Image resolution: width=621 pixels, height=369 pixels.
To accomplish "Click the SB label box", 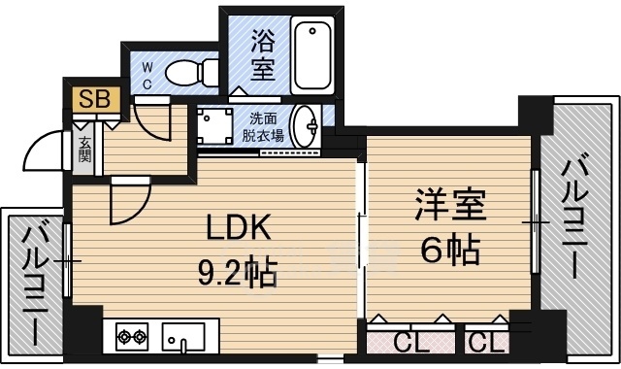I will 94,99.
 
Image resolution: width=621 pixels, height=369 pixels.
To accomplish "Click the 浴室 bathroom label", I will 261,54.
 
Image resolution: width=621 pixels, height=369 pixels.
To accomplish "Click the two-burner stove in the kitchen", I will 132,339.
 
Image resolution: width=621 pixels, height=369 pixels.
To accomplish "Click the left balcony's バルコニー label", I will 35,282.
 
